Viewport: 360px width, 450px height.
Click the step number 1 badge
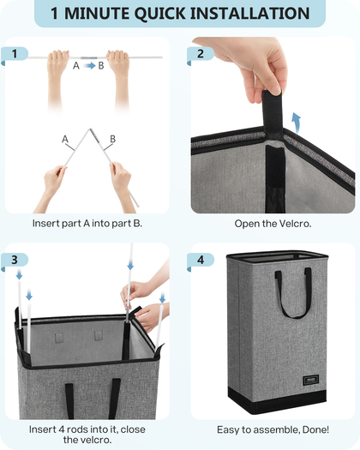click(15, 55)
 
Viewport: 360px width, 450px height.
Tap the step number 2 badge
click(201, 55)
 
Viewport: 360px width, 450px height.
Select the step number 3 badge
click(15, 261)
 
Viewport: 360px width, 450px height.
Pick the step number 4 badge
click(201, 261)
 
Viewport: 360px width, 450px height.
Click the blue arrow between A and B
click(89, 66)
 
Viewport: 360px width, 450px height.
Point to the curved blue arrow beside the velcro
click(296, 123)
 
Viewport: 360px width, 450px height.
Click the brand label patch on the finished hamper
click(310, 380)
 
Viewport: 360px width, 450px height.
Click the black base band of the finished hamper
click(277, 399)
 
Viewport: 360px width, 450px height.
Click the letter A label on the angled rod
click(65, 139)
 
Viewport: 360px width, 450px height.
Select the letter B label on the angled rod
click(113, 139)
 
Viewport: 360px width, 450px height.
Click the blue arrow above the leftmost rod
click(19, 274)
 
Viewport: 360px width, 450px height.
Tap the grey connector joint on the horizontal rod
click(88, 58)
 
